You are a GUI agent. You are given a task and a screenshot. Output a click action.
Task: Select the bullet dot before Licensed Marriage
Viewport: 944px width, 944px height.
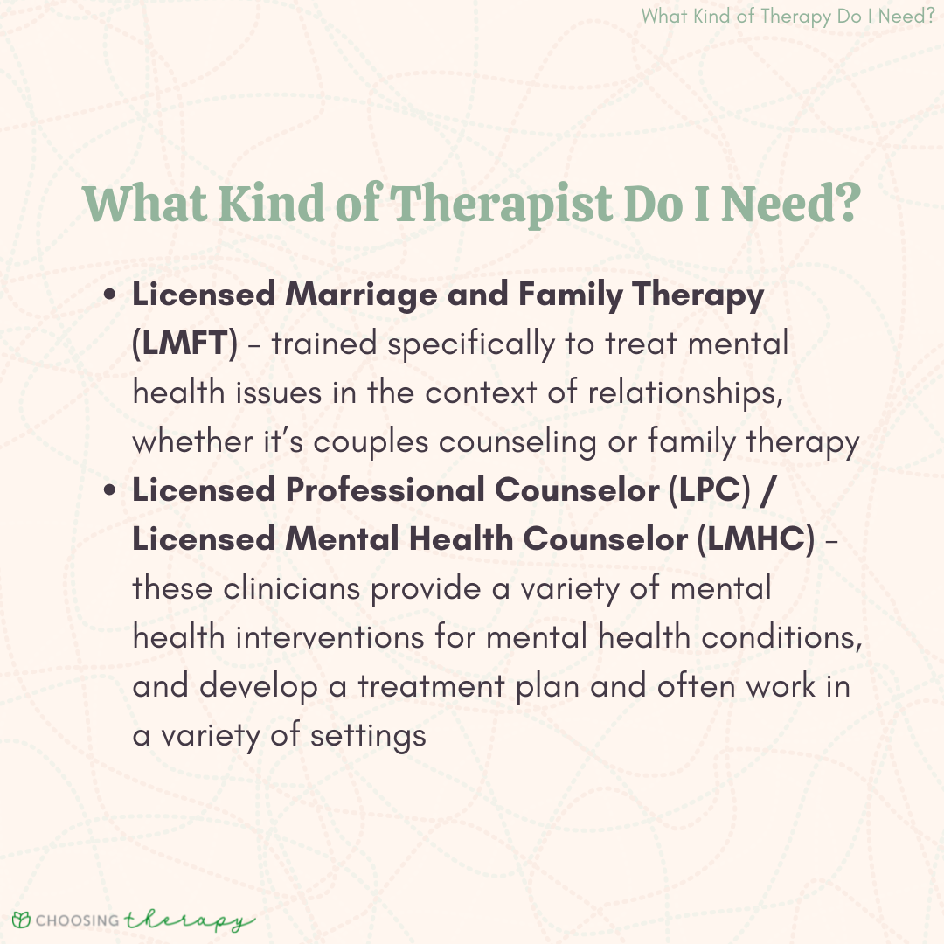click(109, 295)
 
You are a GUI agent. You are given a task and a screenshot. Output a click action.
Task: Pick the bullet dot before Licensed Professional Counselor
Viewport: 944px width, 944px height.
click(109, 489)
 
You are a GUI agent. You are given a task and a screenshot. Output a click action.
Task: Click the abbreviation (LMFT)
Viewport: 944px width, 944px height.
click(184, 344)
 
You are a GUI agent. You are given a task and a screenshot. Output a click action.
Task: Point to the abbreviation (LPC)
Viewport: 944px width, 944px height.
click(710, 490)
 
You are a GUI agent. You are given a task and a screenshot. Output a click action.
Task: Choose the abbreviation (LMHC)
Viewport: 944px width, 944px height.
click(755, 538)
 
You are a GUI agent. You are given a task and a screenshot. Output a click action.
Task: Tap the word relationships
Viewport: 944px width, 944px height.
click(685, 393)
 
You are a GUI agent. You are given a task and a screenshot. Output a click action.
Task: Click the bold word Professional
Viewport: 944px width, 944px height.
click(385, 489)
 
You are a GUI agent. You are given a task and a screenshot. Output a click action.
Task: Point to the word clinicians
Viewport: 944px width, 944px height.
click(291, 588)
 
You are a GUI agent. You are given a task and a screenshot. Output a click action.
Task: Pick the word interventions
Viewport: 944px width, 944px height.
click(330, 637)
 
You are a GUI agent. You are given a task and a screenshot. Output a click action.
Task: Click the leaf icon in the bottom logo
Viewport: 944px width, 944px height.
click(21, 920)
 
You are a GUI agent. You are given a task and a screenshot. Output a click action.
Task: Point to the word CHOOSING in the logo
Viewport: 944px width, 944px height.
click(77, 920)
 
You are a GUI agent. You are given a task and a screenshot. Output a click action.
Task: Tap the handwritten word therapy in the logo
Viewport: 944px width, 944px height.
click(189, 920)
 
